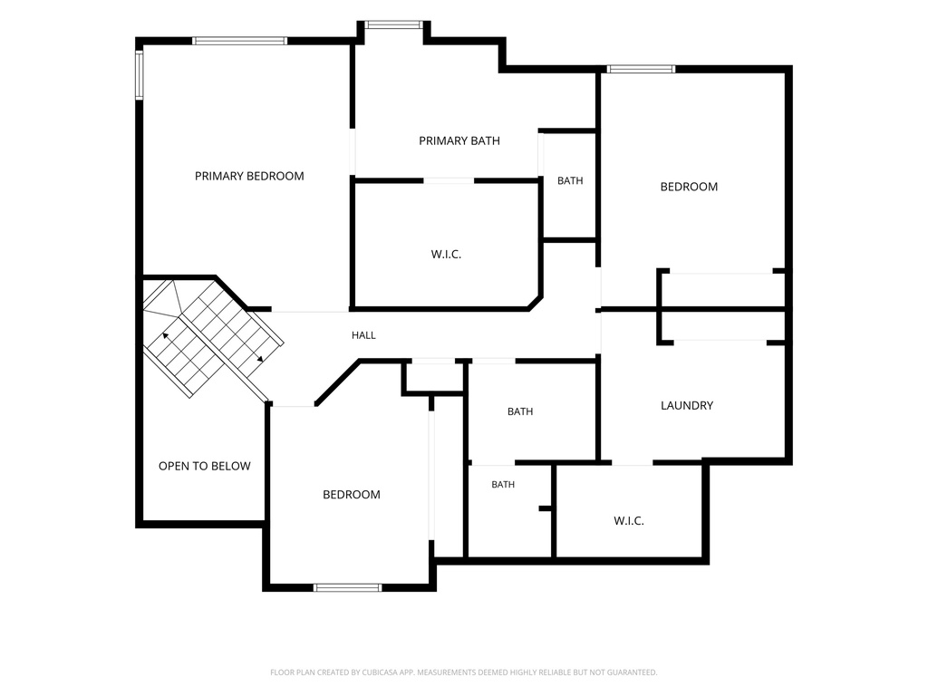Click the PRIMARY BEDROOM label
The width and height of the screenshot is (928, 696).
(249, 176)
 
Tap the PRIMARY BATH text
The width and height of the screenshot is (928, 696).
(459, 140)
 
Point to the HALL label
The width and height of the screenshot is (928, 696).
(363, 335)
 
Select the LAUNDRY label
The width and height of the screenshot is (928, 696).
(687, 405)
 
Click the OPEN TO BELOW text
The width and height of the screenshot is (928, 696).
(204, 466)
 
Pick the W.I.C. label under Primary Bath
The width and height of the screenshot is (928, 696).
(446, 255)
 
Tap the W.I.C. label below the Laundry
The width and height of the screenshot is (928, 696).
(629, 521)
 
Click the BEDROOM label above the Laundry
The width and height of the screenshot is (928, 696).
(689, 187)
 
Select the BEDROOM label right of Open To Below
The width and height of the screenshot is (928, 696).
(351, 494)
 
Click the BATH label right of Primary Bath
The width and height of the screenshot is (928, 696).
(570, 180)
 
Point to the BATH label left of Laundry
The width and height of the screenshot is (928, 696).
(520, 411)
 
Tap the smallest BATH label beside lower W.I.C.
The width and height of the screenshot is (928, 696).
(503, 485)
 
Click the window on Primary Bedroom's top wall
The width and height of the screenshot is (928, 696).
(239, 41)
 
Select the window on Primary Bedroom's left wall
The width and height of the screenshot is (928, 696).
(140, 74)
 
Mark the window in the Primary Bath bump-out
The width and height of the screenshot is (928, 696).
(393, 24)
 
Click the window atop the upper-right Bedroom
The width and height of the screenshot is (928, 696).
(641, 69)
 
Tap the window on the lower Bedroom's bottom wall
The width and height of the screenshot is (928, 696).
(347, 587)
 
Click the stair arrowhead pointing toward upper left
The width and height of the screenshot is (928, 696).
(166, 336)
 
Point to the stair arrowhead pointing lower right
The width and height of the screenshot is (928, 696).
(260, 359)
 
